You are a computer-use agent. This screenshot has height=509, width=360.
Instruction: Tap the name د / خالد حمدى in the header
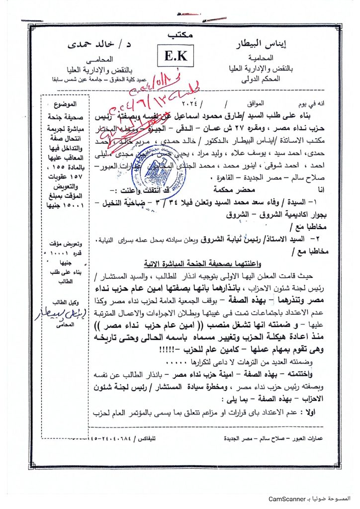[96, 46]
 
